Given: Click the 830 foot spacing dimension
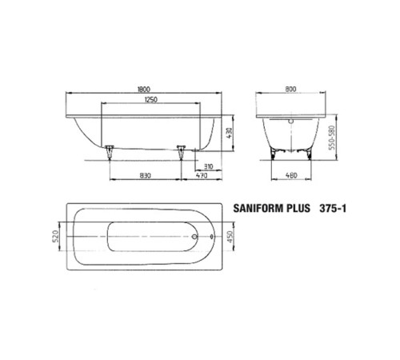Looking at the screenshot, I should click(x=146, y=175).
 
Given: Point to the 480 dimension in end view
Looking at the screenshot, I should click(x=292, y=175).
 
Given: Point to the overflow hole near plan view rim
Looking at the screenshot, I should click(x=210, y=238).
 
